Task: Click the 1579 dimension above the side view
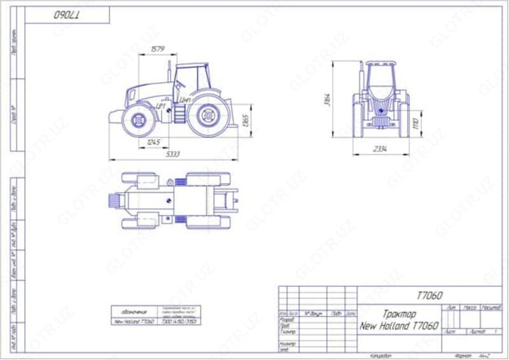[x=157, y=49]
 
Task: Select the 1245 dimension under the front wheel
[x=153, y=142]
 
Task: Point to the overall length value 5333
[x=172, y=154]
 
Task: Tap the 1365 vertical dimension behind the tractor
[x=246, y=120]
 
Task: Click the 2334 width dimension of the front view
[x=380, y=149]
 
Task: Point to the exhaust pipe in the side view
[x=169, y=71]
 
